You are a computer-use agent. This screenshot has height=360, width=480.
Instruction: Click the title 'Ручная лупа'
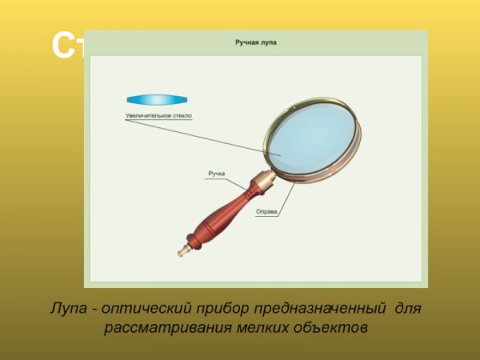coord(256,42)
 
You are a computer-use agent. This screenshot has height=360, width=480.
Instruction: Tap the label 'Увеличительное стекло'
coord(158,116)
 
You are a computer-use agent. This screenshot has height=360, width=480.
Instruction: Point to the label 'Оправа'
coord(266,212)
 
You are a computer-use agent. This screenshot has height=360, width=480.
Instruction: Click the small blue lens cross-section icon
coord(158,100)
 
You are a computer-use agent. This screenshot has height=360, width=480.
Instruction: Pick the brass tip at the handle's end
coord(183,251)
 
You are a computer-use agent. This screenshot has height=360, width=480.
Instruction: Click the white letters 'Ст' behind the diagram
coord(67,46)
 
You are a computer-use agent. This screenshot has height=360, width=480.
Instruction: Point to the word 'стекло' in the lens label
coord(179,116)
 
